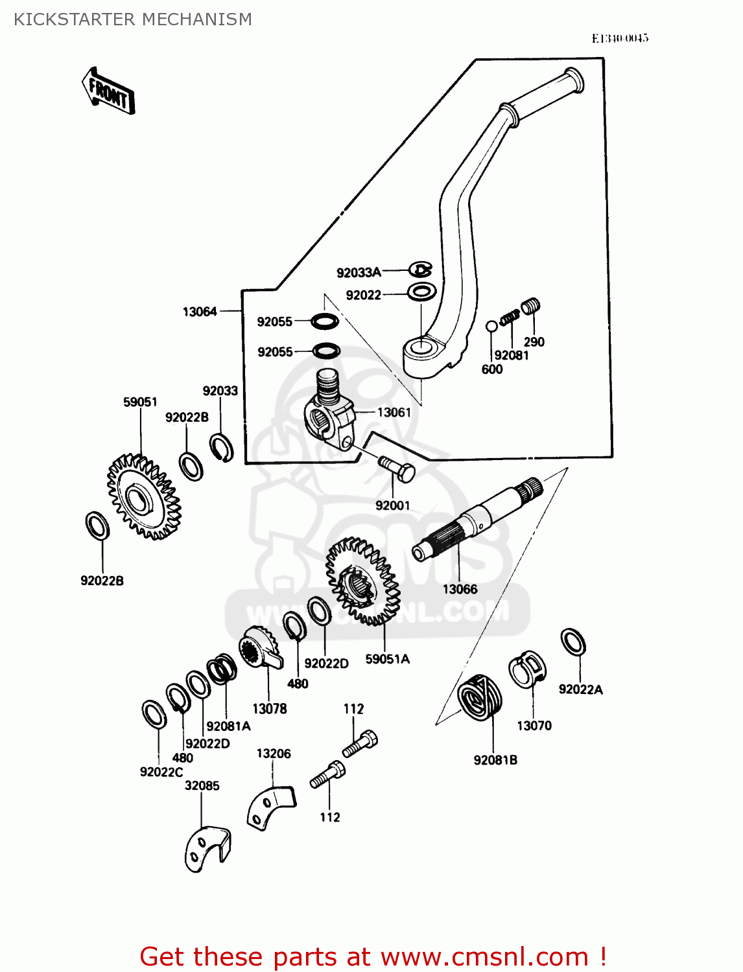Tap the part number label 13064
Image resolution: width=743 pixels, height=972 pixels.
200,312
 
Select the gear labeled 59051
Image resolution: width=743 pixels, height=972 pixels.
143,497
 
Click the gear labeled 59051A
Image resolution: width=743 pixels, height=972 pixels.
362,581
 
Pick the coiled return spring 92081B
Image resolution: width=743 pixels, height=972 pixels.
480,697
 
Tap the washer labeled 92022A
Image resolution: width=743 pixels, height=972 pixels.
573,642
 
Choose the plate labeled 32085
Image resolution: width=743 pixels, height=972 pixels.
206,850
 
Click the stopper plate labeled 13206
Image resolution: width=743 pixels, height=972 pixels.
270,807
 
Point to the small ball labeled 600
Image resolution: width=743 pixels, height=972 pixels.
491,325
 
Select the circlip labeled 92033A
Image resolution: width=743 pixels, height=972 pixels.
421,269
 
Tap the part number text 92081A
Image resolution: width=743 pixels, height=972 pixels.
228,726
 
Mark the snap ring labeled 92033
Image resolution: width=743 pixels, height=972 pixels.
222,448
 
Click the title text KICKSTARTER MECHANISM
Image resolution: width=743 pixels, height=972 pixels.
133,19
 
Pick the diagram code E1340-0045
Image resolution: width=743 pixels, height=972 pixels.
619,38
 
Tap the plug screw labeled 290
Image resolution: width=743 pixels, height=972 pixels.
531,305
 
